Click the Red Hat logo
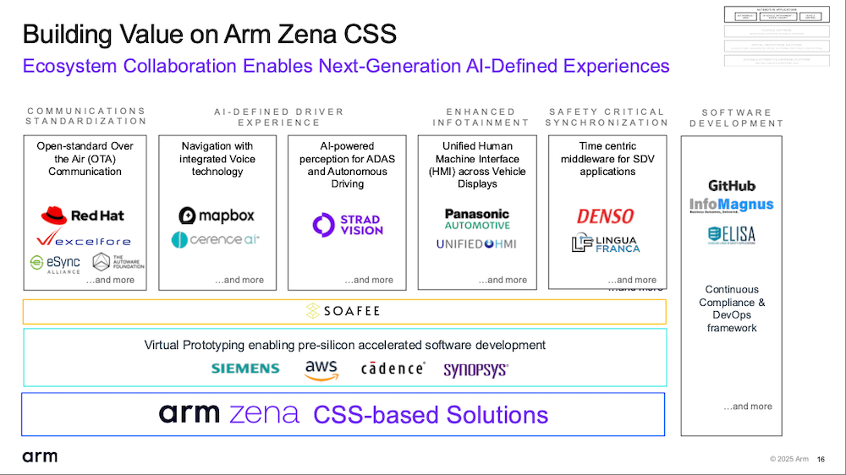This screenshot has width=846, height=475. pos(83,216)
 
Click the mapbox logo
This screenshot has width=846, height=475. pos(217,216)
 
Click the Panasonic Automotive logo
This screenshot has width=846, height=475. pos(477,220)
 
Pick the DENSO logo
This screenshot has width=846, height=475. pos(605,216)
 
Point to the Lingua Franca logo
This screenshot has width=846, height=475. pos(605,243)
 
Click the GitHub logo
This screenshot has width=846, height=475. pos(732,185)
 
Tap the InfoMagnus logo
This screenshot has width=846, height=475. pos(732,206)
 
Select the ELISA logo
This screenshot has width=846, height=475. pos(732,234)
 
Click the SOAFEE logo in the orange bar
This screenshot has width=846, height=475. pos(343,311)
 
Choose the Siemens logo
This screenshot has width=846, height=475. pos(245,369)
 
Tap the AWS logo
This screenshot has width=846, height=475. pos(321,369)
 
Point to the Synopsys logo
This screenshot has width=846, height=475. pos(475,369)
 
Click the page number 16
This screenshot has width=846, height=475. pos(821,459)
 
